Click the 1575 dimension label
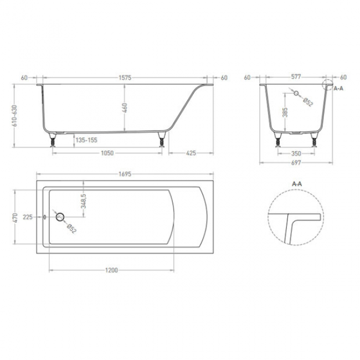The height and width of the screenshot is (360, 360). pos(125,78)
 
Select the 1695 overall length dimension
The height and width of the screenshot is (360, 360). pos(125,174)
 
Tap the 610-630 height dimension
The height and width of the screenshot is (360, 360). pos(15,116)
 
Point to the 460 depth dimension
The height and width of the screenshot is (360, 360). pos(125,108)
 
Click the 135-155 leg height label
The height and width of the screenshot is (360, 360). pos(86,140)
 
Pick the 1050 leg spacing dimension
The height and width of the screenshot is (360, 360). pos(107,153)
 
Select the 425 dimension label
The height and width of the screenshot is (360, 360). pos(191,153)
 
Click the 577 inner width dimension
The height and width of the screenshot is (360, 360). pos(296,76)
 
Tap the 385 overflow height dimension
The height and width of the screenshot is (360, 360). pos(285,112)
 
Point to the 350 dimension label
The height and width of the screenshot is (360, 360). pos(296,153)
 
